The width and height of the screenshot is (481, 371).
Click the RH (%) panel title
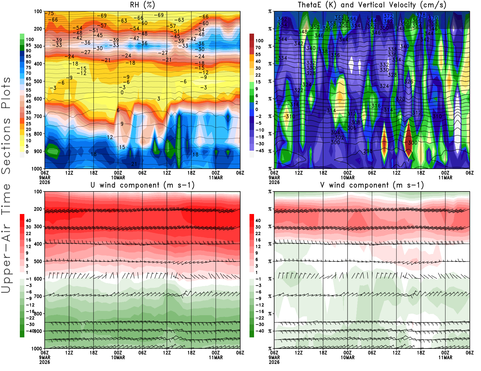tap(142, 5)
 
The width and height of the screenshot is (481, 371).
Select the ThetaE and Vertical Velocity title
tap(372, 5)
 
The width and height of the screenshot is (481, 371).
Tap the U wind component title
tap(142, 185)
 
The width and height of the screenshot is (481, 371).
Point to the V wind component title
tap(372, 185)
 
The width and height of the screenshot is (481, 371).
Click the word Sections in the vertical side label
tap(6, 146)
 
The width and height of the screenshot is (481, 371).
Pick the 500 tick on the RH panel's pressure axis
tap(38, 81)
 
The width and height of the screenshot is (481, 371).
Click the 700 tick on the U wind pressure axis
tap(38, 296)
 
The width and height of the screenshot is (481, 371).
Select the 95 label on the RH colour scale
tap(29, 45)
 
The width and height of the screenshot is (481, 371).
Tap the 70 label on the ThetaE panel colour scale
tap(258, 47)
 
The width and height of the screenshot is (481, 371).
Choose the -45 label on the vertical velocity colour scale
tap(260, 151)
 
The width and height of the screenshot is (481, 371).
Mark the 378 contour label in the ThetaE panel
tap(421, 15)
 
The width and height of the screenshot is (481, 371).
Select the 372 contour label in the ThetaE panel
tap(388, 16)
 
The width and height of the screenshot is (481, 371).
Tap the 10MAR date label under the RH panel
tap(118, 178)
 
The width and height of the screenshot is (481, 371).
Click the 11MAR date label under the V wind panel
tap(445, 357)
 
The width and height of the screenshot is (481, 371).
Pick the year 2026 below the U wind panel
tap(45, 362)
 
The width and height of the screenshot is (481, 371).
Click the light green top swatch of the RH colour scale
tap(22, 36)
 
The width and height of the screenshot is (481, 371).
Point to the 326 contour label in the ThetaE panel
tap(409, 82)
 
